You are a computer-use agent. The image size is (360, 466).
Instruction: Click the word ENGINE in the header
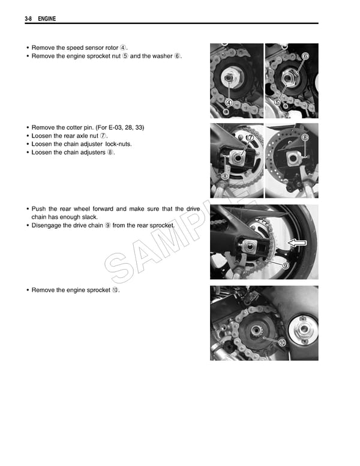point(47,19)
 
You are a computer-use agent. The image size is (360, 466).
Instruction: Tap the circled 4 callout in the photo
point(229,102)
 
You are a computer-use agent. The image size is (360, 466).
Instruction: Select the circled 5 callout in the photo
point(277,102)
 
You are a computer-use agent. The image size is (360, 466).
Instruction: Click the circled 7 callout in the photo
point(250,138)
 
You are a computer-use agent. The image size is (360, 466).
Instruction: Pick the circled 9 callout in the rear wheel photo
point(286,265)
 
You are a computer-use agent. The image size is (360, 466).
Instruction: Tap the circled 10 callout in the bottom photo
point(282,342)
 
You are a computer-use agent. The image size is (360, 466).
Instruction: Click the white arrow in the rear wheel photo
point(298,243)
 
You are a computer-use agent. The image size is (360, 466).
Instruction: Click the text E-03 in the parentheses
point(116,128)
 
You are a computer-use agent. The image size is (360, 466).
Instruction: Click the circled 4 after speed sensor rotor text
point(124,47)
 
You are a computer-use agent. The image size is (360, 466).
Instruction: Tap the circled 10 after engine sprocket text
point(115,290)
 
